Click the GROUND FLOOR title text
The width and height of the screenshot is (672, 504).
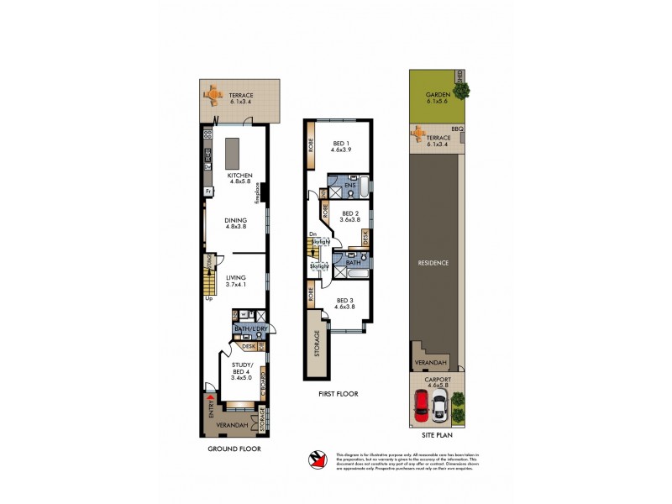pos(234,449)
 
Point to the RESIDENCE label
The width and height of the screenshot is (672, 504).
pos(434,262)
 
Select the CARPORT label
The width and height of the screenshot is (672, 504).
pos(434,381)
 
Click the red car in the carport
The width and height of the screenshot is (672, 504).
pos(423,408)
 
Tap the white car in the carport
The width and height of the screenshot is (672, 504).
pos(438,408)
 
